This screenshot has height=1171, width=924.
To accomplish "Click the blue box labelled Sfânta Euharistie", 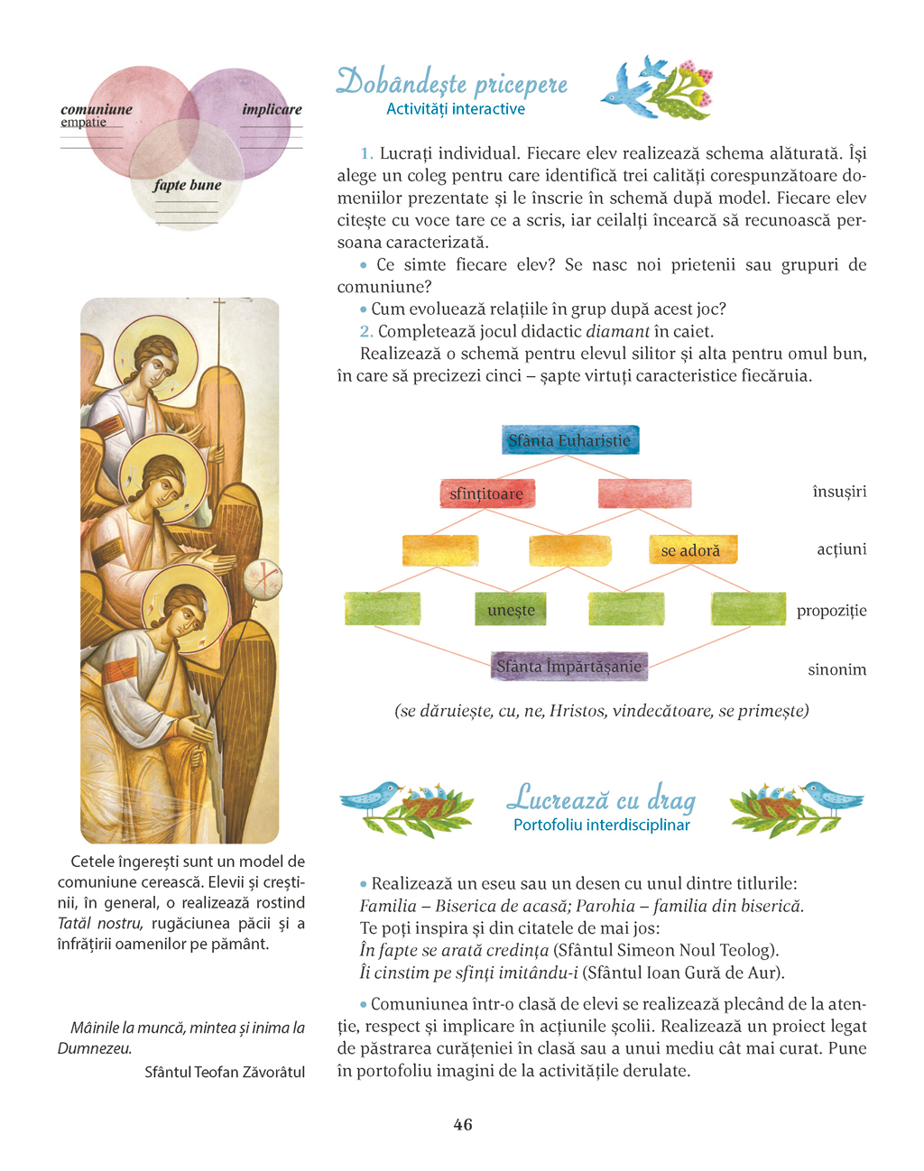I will pos(569,440).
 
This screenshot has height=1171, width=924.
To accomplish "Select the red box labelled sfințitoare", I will pos(487,493).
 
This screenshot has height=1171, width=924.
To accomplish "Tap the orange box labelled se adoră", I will pos(692,549).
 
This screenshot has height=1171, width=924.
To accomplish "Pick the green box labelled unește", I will pos(512,610).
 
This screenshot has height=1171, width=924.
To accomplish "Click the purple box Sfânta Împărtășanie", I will pos(569,667).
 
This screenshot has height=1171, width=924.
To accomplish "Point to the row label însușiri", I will pos(839,492).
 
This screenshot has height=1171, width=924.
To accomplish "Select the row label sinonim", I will pos(836,669).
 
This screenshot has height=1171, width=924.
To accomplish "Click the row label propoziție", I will pos(831,611).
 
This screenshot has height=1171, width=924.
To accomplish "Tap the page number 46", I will pos(463,1124).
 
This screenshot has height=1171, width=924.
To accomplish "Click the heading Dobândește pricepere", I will pos(452,83).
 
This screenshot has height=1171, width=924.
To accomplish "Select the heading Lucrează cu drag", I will pos(601,799).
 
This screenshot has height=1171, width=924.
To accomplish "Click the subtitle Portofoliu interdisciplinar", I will pos(601,825).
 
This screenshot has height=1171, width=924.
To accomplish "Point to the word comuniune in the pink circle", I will pos(97,109).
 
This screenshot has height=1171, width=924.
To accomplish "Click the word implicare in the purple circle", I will pos(272,109).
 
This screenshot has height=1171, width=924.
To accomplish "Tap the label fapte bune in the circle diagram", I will pos(187,185).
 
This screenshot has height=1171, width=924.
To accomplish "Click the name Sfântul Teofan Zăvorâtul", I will pos(225,1072).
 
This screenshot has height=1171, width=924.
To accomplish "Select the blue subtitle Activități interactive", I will pos(456,109).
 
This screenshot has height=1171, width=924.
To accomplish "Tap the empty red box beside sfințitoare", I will pos(644,493).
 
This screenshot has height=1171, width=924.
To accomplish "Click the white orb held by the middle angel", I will pos(263,579).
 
